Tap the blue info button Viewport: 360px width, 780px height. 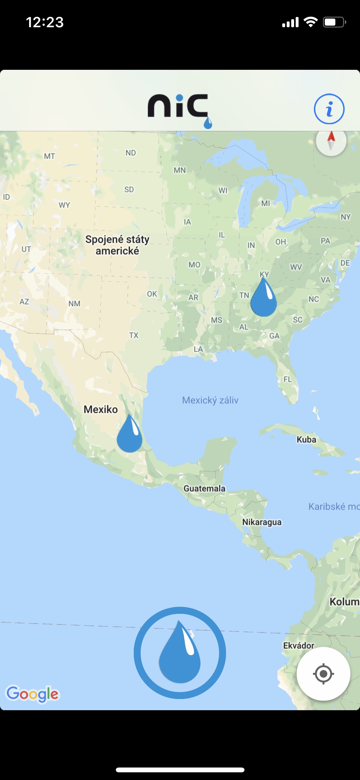pos(329,109)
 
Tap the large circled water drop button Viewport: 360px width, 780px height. pos(180,653)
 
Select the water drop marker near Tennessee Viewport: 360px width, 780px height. pos(263,298)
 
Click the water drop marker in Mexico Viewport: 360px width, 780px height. pos(129,434)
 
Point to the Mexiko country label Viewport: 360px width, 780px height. pos(100,409)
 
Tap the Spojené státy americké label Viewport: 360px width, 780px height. pos(117,245)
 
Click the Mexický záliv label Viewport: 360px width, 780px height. pos(210,400)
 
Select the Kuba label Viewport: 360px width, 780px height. pos(306,439)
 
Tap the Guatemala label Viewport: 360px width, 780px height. pos(204,488)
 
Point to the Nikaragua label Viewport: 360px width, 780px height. pos(262,522)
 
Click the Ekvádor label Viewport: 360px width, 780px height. pos(299,645)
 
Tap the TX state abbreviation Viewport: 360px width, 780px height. pos(134,335)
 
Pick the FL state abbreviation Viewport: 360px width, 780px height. pos(288,379)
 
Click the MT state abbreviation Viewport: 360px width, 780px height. pos(50,156)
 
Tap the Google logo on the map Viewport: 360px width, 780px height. pos(33,694)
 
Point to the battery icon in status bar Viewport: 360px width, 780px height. pos(334,22)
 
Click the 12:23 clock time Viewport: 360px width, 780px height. pos(45,22)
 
